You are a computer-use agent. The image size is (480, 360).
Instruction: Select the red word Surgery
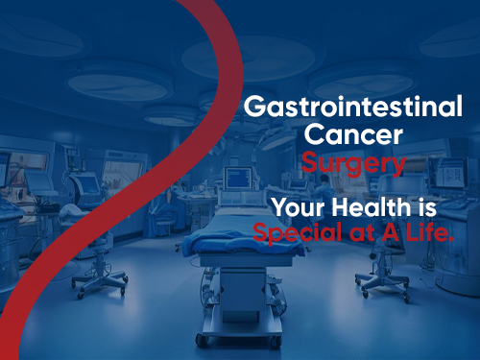352,163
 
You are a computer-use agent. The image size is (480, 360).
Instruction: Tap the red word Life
422,231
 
